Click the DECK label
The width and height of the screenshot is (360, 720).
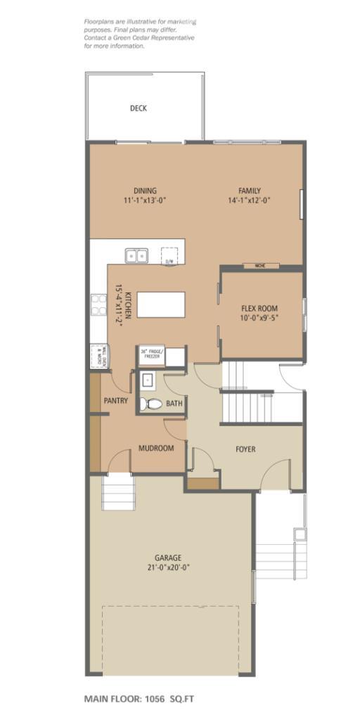pos(139,108)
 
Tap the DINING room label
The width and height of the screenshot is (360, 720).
pos(145,191)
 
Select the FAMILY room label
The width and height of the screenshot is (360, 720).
pos(249,191)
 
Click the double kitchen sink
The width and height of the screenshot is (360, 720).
pos(137,255)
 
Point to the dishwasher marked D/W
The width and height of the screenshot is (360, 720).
pos(169,256)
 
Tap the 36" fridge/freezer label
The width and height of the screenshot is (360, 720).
pos(151,354)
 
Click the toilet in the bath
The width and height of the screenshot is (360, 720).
pos(151,404)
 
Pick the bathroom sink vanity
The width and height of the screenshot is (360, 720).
pos(148,380)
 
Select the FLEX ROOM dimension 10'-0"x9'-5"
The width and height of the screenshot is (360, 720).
pos(259,317)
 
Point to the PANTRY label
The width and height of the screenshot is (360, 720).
pos(115,401)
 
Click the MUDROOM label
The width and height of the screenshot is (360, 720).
pos(155,448)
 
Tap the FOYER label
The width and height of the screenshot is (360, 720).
pos(245,449)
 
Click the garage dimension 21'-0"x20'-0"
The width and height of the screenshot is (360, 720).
pos(169,567)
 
